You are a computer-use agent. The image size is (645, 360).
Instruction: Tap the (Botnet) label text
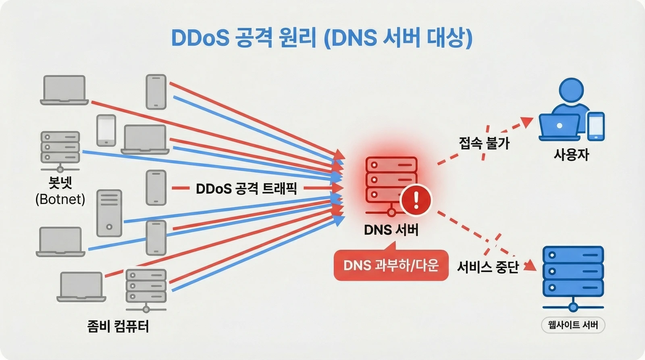point(60,199)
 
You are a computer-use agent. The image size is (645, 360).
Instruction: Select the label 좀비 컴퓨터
point(118,326)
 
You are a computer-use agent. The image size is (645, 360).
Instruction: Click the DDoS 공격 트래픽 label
point(246,189)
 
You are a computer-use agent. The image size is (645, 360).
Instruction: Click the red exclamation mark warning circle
point(416,200)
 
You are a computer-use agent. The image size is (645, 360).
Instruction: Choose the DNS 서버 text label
point(391,230)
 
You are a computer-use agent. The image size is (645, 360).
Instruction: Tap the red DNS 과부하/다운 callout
point(391,265)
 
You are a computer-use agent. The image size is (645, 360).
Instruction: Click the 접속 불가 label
point(484,143)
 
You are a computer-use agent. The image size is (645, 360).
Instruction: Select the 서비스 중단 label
point(488,267)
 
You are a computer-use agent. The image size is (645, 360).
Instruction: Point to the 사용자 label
point(571,154)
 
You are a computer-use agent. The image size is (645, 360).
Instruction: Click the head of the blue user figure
point(571,91)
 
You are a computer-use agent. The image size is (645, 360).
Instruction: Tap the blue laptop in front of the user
point(560,127)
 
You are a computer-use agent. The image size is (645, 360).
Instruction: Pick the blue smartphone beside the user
point(596,126)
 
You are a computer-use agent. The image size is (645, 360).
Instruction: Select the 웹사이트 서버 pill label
point(573,325)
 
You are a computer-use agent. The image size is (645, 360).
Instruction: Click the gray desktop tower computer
point(109,213)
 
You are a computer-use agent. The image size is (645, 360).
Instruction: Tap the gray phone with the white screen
point(106,130)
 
